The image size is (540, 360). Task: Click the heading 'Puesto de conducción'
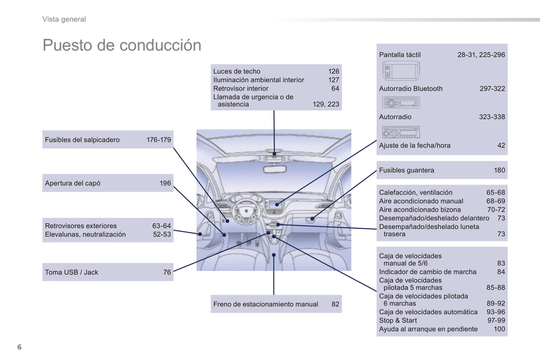point(122,45)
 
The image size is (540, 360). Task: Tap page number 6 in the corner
point(19,347)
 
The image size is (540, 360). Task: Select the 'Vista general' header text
point(64,19)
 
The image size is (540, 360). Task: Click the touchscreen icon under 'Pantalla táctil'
point(401,71)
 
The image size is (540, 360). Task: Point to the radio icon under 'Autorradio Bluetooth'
point(401,102)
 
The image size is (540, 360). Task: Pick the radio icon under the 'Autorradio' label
point(401,132)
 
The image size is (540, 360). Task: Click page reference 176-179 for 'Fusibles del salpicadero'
point(158,140)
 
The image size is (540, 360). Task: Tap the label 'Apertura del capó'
point(72,183)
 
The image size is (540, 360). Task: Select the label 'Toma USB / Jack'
point(71,272)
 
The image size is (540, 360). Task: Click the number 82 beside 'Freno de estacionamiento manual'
point(335,304)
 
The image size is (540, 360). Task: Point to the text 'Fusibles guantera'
point(407,170)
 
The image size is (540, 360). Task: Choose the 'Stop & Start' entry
point(398,320)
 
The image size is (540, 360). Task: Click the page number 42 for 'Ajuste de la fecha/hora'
point(501,146)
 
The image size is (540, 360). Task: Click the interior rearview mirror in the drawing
point(275,169)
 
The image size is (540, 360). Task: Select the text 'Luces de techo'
point(237,71)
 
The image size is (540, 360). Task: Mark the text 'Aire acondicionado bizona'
point(420,210)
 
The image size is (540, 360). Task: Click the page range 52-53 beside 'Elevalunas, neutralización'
point(161,235)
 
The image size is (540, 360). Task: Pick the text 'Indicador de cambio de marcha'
point(428,272)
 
